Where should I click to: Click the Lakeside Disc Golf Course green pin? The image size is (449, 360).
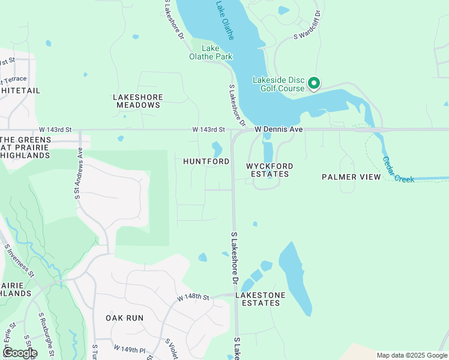(x=314, y=84)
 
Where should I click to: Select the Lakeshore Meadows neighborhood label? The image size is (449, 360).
(x=137, y=100)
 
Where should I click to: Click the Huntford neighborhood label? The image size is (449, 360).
(x=206, y=162)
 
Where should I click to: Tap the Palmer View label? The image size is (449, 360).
(x=351, y=177)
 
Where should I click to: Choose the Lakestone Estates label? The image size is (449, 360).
(x=258, y=299)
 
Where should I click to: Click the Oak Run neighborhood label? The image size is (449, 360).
(x=123, y=317)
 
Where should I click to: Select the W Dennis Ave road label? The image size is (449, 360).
(x=278, y=130)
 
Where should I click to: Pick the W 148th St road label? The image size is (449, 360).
(x=193, y=298)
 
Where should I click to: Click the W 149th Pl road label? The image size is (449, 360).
(x=130, y=348)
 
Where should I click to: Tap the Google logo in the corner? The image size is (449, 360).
(x=19, y=352)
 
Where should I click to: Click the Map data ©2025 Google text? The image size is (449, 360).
(x=411, y=355)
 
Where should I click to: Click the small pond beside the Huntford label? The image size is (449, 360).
(x=217, y=147)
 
